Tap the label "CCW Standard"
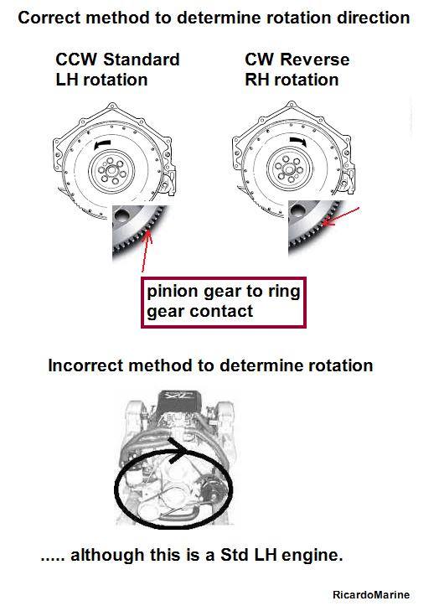117,60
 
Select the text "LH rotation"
101,80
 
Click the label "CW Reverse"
297,60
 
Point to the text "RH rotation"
292,80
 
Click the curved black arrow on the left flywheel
101,144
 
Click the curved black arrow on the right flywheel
298,142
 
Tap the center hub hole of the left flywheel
111,170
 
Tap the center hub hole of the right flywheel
289,168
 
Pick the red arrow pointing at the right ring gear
341,216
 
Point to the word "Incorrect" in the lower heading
85,365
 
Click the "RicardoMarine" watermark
371,594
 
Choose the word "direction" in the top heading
374,18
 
